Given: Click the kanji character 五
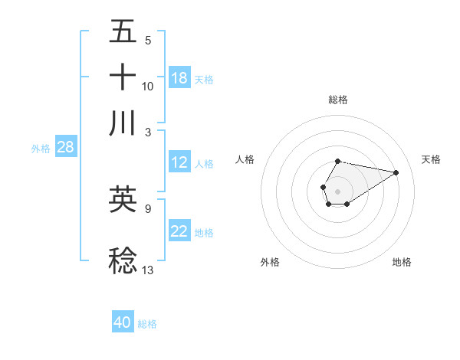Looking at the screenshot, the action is pyautogui.click(x=123, y=32).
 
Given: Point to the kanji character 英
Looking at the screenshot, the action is pyautogui.click(x=123, y=198).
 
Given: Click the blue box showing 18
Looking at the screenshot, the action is pyautogui.click(x=179, y=78).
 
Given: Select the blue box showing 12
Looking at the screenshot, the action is pyautogui.click(x=179, y=162).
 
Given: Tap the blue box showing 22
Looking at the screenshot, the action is pyautogui.click(x=179, y=232).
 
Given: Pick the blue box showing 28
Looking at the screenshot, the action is pyautogui.click(x=65, y=148).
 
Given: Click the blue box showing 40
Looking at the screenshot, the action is pyautogui.click(x=123, y=322).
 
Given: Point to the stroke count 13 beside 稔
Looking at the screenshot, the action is pyautogui.click(x=148, y=269).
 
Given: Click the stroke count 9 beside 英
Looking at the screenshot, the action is pyautogui.click(x=147, y=207).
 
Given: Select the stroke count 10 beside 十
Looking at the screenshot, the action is pyautogui.click(x=148, y=86).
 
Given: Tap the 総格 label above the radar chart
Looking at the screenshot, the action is pyautogui.click(x=338, y=100).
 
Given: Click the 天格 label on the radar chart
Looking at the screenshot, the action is pyautogui.click(x=431, y=159).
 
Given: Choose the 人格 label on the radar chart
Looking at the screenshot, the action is pyautogui.click(x=245, y=159).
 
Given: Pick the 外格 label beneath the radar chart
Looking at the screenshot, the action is pyautogui.click(x=270, y=262).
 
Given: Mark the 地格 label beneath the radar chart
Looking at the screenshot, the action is pyautogui.click(x=402, y=262).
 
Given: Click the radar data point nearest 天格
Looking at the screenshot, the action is pyautogui.click(x=396, y=172).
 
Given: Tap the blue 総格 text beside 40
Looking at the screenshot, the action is pyautogui.click(x=147, y=324).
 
